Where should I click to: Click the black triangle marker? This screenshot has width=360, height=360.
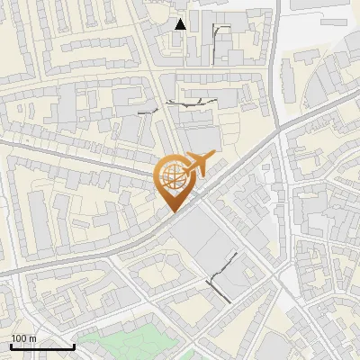(x=181, y=24)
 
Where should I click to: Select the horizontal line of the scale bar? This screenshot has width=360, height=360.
(x=42, y=346)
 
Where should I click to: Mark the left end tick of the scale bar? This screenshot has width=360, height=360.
(x=11, y=345)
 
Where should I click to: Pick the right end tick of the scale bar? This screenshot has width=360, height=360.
(x=74, y=345)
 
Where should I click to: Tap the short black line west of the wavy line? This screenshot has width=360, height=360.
(x=148, y=112)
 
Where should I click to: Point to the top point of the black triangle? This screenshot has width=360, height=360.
(x=181, y=18)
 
